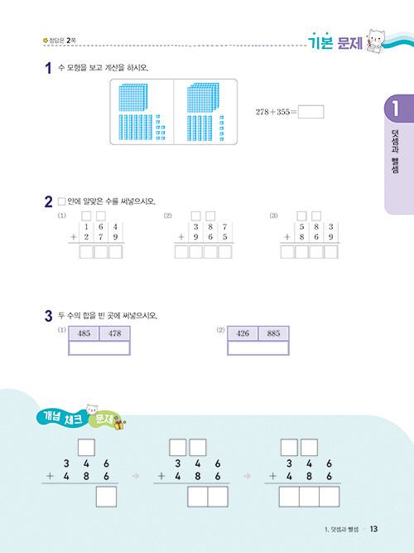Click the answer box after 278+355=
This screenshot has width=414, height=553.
(x=310, y=112)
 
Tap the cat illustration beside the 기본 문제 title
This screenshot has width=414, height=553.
(x=376, y=42)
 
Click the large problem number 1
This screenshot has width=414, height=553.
(x=49, y=68)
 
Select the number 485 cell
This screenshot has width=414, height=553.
(x=84, y=333)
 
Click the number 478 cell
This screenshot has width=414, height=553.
(x=115, y=333)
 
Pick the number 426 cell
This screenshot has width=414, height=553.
(x=243, y=333)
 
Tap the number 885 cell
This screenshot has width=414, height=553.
(x=273, y=333)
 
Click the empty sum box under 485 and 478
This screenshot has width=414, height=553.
(x=99, y=348)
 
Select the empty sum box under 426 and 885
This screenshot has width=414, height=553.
(x=258, y=348)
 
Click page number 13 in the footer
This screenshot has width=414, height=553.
(x=373, y=529)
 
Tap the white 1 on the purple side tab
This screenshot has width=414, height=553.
(x=395, y=109)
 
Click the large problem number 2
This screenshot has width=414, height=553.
(x=49, y=202)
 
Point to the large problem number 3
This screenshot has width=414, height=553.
(x=49, y=316)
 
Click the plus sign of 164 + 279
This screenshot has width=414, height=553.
(x=74, y=237)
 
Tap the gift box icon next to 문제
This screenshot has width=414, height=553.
(x=119, y=425)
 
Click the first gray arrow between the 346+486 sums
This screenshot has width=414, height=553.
(x=136, y=476)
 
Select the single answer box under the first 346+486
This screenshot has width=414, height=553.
(x=106, y=497)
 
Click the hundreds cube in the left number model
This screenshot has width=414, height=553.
(x=132, y=97)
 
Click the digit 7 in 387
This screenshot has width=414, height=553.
(x=224, y=227)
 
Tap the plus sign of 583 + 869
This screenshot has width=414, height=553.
(x=287, y=237)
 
